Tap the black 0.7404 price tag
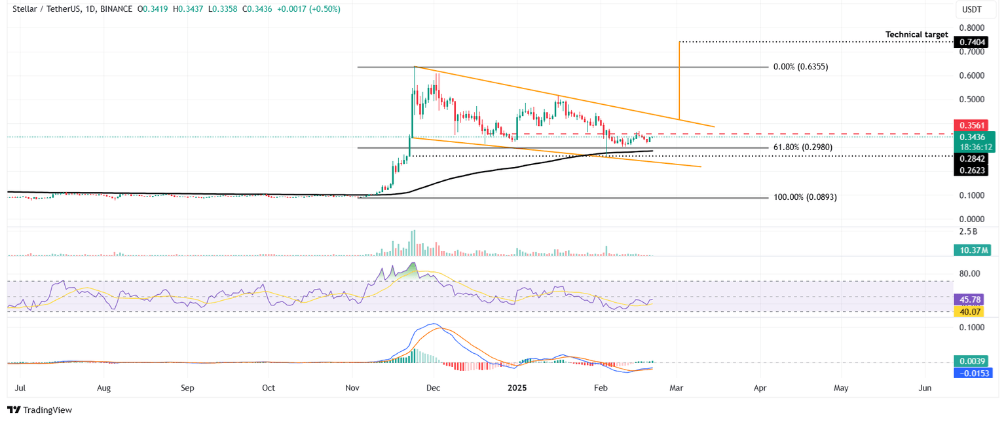click(x=973, y=42)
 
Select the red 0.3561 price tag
click(x=973, y=125)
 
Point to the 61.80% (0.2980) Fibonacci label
click(x=803, y=147)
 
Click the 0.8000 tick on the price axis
click(x=973, y=28)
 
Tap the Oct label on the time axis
click(x=269, y=388)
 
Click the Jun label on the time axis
click(x=925, y=388)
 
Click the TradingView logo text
click(x=47, y=410)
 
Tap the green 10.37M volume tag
click(x=973, y=250)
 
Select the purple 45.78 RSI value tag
click(x=973, y=299)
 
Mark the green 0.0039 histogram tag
click(x=973, y=361)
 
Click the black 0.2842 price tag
click(x=973, y=158)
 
